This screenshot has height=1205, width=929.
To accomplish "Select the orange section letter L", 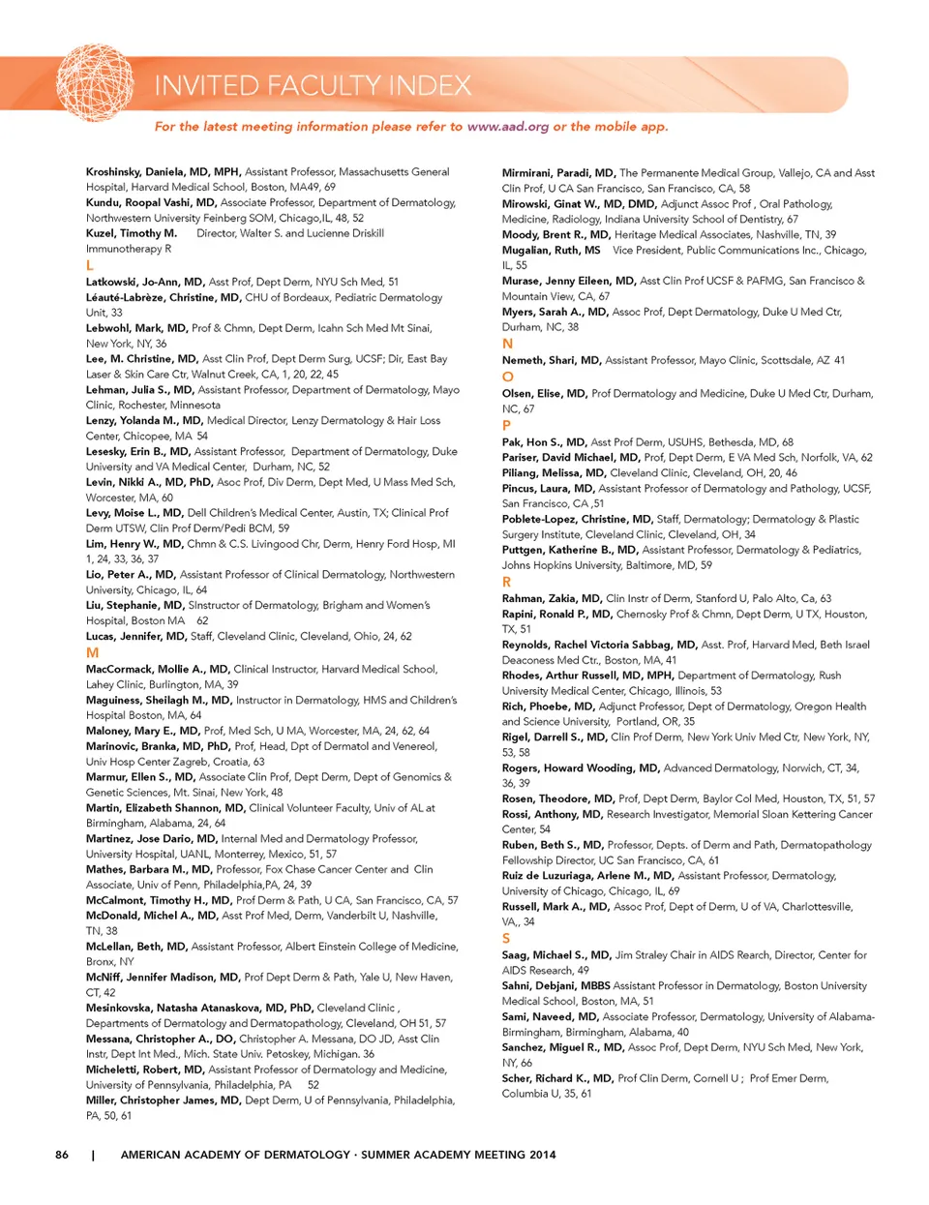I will click(90, 265).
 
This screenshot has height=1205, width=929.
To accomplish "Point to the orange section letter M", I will click(93, 652).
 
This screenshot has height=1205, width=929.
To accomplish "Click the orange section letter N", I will click(508, 344).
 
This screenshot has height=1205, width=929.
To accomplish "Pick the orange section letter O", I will click(508, 377).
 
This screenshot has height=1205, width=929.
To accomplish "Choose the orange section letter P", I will click(507, 425).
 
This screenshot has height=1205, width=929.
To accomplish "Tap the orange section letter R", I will click(507, 582).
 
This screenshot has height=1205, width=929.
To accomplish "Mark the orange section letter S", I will click(506, 938).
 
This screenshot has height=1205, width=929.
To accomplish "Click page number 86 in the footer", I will click(62, 1155).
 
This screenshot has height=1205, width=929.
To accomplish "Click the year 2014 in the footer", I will click(543, 1155).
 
